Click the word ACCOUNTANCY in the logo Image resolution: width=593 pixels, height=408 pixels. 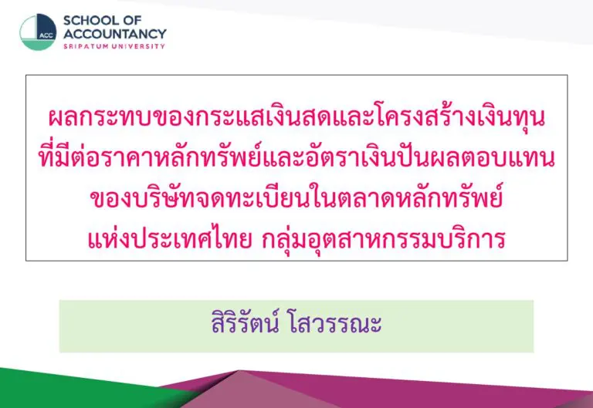(x=114, y=34)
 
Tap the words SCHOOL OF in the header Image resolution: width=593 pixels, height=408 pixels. (x=102, y=20)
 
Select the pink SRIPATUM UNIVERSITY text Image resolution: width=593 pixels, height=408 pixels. (x=114, y=46)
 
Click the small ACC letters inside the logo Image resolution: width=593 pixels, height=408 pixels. (x=46, y=35)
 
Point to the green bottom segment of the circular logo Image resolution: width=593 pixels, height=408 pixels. (x=37, y=45)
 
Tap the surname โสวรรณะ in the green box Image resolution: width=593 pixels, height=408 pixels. (x=335, y=324)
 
